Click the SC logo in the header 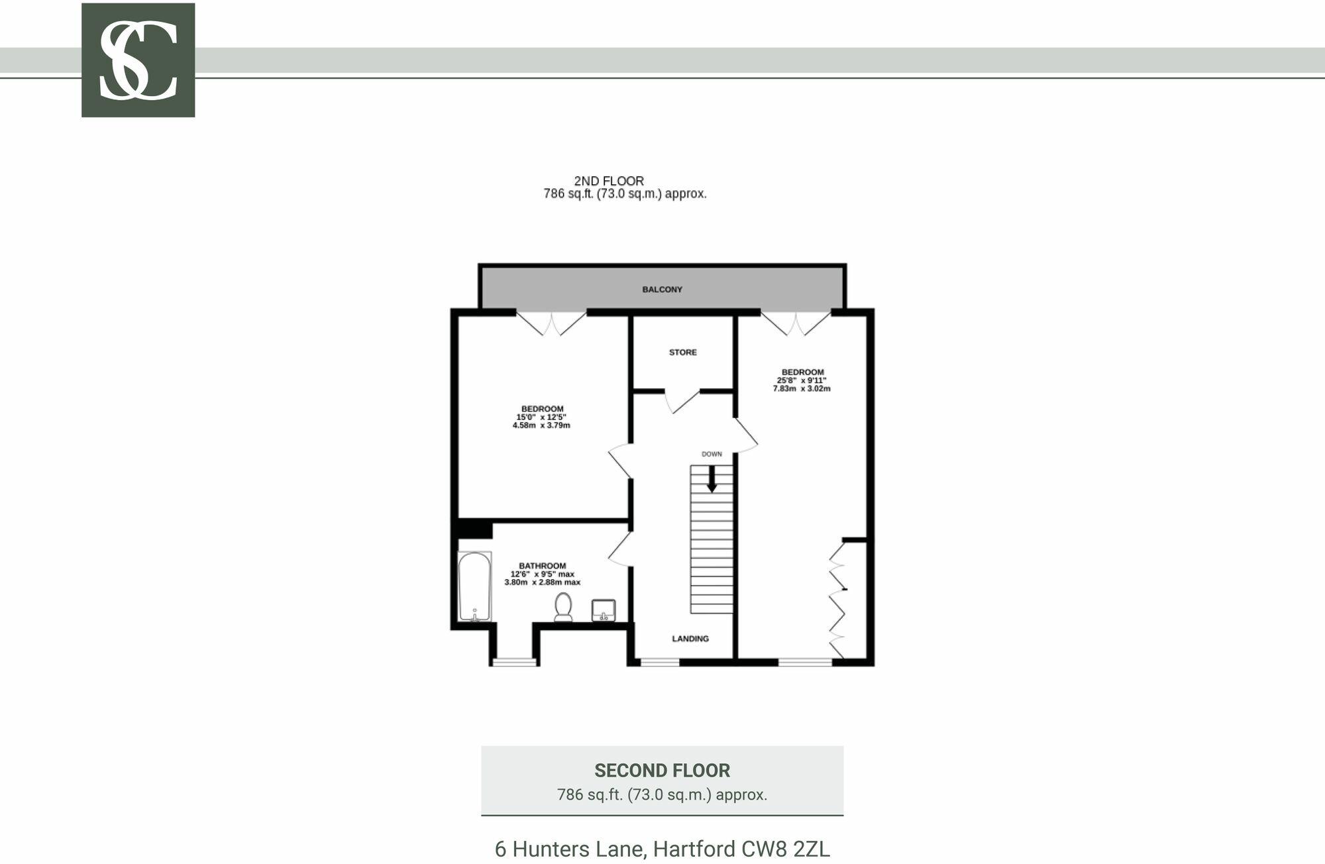click(x=138, y=60)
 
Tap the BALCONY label click(x=662, y=290)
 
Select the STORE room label click(x=682, y=352)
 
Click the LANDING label click(x=690, y=639)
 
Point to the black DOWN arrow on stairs click(x=712, y=479)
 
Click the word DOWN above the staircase click(x=712, y=455)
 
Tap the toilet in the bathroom click(x=563, y=606)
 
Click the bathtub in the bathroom click(x=474, y=586)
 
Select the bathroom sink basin click(x=603, y=610)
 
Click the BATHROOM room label click(x=542, y=566)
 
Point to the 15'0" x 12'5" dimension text click(x=541, y=417)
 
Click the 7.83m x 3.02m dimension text click(x=801, y=389)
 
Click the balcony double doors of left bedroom click(x=551, y=323)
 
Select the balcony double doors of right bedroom click(x=795, y=323)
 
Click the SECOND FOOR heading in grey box click(x=662, y=771)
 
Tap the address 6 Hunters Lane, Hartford click(x=662, y=849)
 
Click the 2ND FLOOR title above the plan click(x=609, y=181)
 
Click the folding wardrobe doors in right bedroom click(x=837, y=600)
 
